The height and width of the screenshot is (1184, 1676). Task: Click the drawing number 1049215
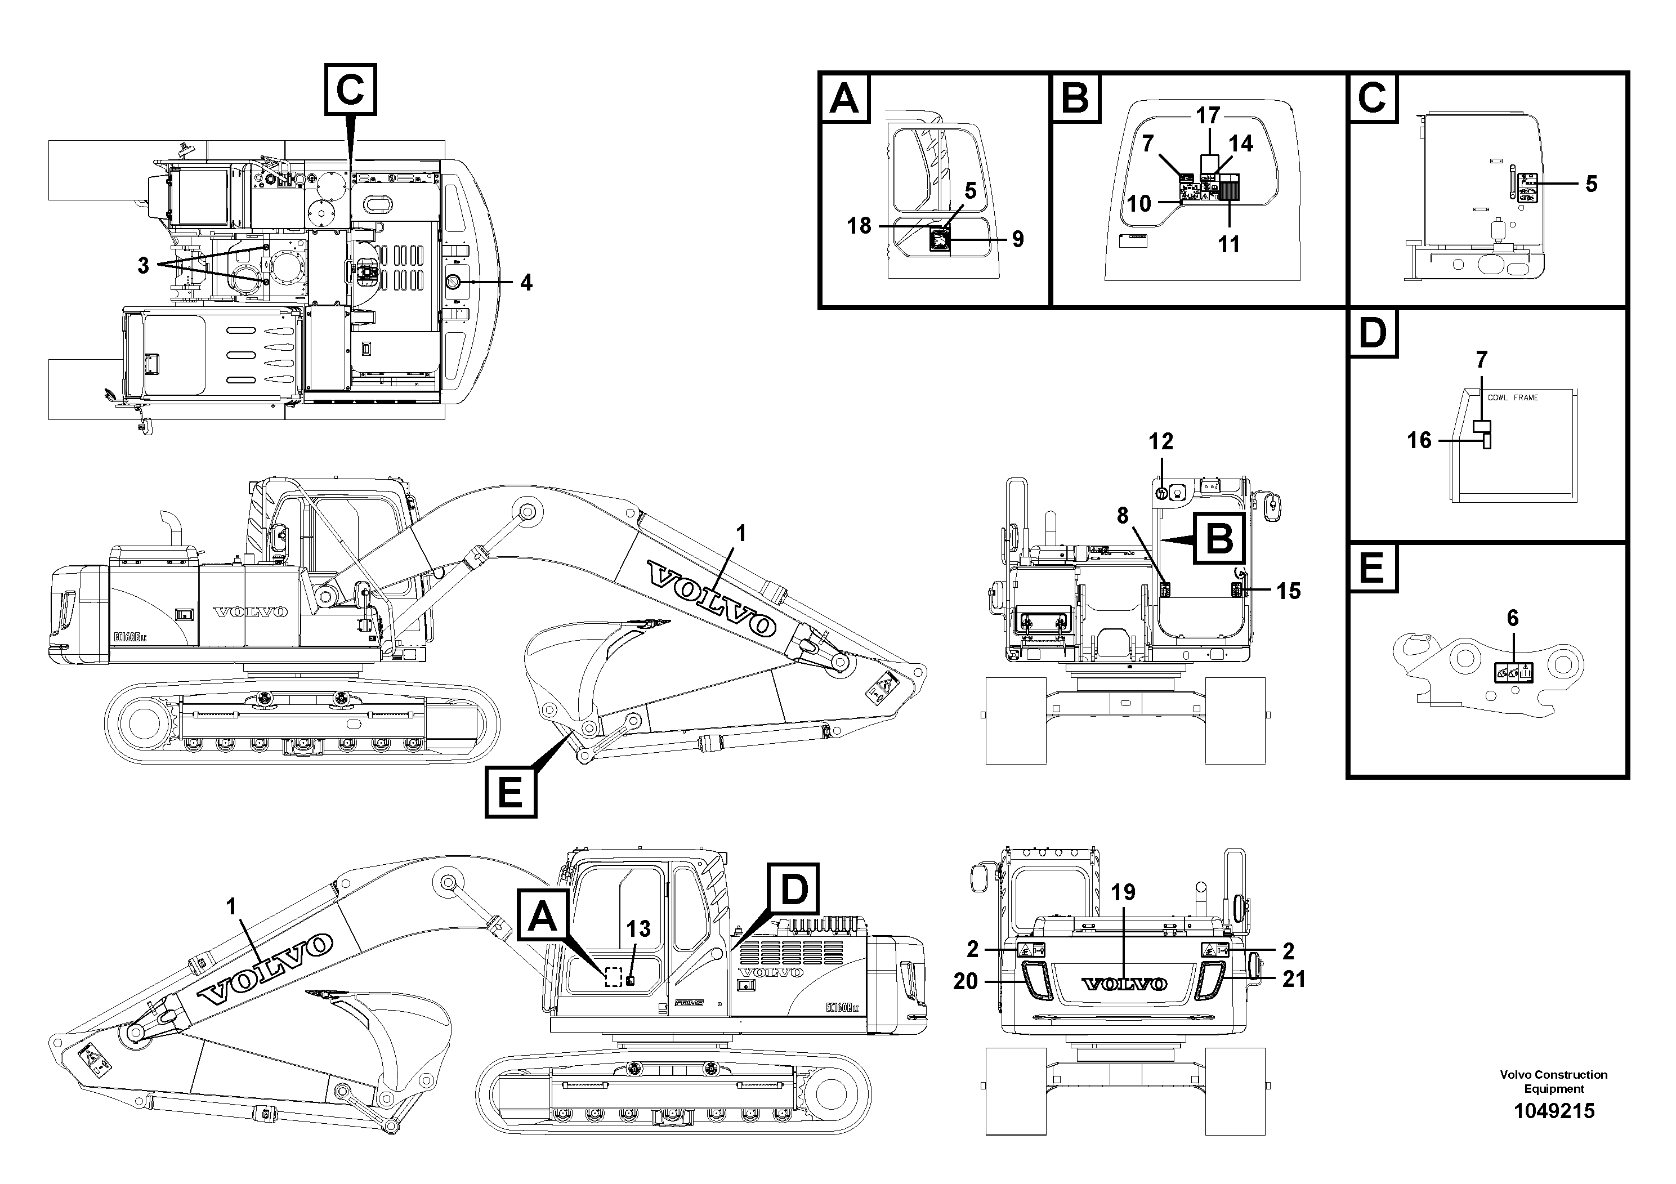(x=1553, y=1112)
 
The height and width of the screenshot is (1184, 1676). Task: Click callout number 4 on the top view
(x=526, y=283)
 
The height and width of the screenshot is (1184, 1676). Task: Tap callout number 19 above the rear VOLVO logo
(x=1123, y=892)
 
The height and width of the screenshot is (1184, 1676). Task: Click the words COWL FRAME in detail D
(x=1513, y=398)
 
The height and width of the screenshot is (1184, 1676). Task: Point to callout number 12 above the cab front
(x=1161, y=441)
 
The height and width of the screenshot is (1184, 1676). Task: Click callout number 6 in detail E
(x=1513, y=618)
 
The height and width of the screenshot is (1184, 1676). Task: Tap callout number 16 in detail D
(x=1419, y=440)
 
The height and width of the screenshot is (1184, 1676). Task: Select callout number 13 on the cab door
(x=638, y=930)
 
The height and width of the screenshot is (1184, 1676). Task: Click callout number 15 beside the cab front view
(x=1289, y=591)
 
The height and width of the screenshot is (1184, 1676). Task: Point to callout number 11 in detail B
(x=1229, y=244)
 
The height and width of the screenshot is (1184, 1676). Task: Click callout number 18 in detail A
(x=859, y=226)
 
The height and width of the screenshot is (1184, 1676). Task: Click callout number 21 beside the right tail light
(x=1294, y=979)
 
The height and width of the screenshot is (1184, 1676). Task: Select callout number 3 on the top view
(x=143, y=266)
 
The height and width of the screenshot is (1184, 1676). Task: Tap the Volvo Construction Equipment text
(x=1553, y=1081)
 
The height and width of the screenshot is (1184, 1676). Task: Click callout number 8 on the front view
(x=1123, y=516)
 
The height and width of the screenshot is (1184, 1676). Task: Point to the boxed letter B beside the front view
(x=1219, y=539)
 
